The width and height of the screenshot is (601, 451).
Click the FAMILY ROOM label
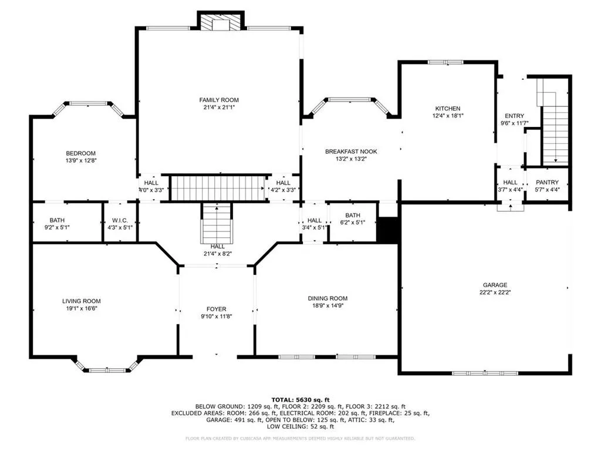(219, 100)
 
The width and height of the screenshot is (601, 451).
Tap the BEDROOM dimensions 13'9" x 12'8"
(81, 160)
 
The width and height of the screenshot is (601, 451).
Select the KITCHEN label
(447, 109)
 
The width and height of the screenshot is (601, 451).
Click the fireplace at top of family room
(221, 22)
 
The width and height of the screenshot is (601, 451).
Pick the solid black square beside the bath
(387, 230)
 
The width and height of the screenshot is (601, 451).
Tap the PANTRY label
(547, 183)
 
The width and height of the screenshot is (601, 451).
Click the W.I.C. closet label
(120, 220)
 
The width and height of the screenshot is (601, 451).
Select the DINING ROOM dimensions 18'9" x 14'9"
(327, 305)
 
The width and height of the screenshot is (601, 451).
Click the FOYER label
(216, 309)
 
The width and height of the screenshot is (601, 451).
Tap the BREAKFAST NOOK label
(351, 152)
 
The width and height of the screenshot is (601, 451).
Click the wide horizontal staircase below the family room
(218, 188)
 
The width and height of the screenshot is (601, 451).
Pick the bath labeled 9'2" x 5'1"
(58, 224)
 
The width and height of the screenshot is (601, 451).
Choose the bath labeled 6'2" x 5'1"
(353, 219)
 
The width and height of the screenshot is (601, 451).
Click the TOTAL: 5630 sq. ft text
(300, 398)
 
